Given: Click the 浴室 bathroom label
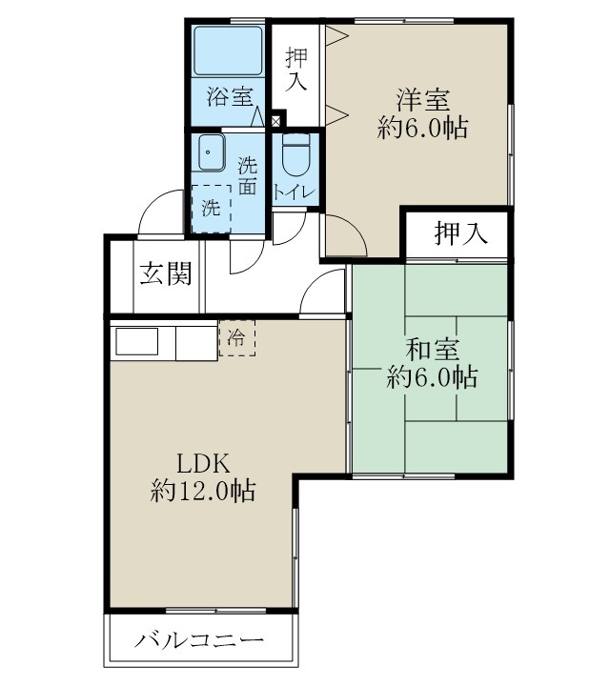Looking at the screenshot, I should tap(229, 96).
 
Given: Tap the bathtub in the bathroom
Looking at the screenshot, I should tap(228, 50).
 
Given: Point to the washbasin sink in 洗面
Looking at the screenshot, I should tap(210, 151).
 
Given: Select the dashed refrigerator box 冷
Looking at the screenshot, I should tap(236, 338).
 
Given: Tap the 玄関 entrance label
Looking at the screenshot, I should tap(167, 274).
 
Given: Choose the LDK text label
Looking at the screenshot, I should tap(203, 464).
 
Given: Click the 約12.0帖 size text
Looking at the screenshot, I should tap(202, 492).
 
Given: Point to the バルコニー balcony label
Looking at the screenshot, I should tap(198, 641).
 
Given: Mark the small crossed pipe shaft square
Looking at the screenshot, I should tap(277, 120).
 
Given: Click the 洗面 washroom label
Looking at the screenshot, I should tap(247, 174).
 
